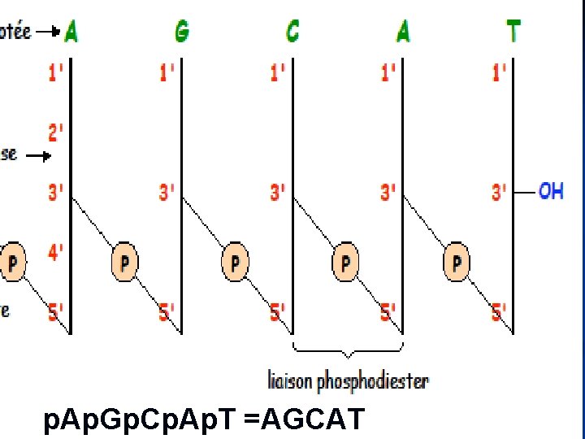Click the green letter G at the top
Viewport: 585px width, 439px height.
pos(182,31)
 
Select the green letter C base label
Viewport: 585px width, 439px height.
pos(292,31)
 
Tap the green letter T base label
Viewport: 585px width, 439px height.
pos(513,31)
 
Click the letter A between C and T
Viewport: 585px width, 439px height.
pos(403,31)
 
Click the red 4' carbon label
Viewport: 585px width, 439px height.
pos(56,253)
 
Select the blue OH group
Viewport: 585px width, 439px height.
pos(551,192)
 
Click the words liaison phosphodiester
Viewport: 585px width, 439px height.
pos(349,380)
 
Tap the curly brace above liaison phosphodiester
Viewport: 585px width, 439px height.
pos(348,350)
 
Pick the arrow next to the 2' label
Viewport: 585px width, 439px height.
pos(37,154)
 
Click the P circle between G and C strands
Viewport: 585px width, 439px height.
pos(235,263)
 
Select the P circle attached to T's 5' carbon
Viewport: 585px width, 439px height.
pos(457,263)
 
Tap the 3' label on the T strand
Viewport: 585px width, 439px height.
pos(499,193)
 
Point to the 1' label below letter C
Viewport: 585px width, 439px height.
pos(278,72)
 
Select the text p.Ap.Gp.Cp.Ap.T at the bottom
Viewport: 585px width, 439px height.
pos(141,422)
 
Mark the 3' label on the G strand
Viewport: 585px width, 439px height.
pos(167,193)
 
